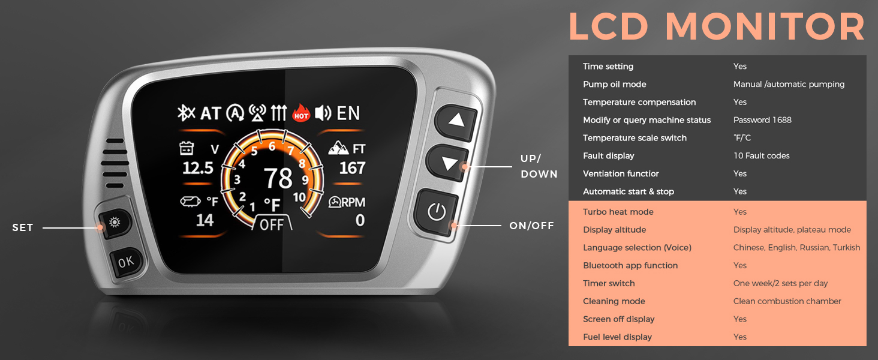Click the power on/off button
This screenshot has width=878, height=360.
436,212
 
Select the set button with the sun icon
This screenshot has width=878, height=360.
115,223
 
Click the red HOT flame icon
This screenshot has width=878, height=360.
301,113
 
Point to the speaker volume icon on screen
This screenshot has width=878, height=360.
323,113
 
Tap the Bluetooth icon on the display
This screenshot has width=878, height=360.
186,113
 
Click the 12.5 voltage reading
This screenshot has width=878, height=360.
198,168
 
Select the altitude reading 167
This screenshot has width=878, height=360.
353,168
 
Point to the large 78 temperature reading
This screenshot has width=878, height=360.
278,178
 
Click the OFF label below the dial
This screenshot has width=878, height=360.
272,225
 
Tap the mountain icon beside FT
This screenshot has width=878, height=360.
339,148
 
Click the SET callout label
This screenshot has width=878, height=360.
23,227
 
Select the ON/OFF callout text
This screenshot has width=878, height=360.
531,226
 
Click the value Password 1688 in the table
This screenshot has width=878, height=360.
762,120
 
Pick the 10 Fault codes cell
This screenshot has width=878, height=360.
762,155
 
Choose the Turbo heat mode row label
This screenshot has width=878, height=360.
618,212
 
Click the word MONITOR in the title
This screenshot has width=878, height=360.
765,26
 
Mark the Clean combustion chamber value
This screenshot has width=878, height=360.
787,301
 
